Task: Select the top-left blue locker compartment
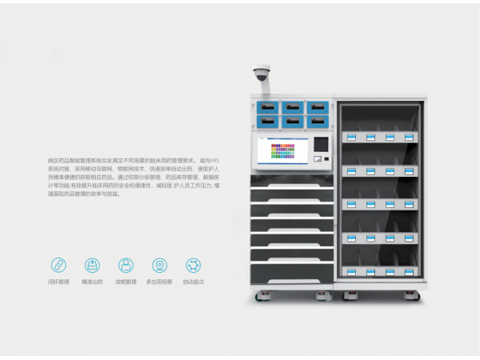coord(267,106)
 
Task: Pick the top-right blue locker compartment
coord(318,106)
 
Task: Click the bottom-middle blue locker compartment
coord(293,121)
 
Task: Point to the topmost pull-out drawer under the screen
coord(292,182)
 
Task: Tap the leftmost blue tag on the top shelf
coord(350,137)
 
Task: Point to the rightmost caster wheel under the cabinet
coord(418,297)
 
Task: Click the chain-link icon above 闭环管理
coord(58,265)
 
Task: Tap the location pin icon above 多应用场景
coord(159,265)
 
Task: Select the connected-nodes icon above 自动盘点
coord(193,265)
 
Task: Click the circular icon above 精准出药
coord(92,265)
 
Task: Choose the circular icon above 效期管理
coord(126,265)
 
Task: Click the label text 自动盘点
coord(193,282)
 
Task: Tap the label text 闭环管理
coord(58,282)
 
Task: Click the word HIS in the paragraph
coord(214,162)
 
